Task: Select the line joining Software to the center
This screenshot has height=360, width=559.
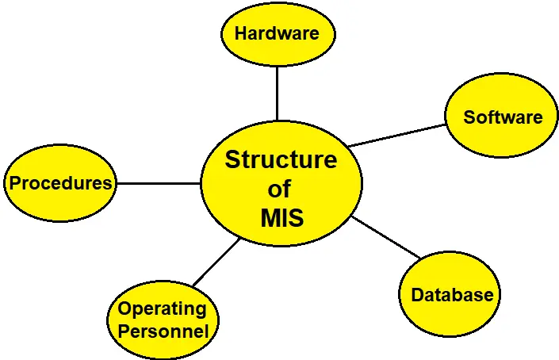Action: tap(396, 136)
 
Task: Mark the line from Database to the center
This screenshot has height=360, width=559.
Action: tap(386, 237)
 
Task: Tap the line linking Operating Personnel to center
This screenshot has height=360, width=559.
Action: tap(216, 262)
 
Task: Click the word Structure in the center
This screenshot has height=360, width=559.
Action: tap(281, 159)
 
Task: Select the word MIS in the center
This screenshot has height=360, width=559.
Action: tap(281, 216)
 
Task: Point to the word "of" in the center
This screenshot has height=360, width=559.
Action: tap(279, 189)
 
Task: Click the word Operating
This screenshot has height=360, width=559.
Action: tap(162, 309)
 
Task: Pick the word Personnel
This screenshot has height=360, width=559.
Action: tap(163, 331)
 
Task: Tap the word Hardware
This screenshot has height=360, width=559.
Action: tap(277, 33)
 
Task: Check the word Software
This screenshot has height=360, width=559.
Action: tap(503, 117)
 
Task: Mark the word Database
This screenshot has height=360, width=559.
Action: tap(452, 295)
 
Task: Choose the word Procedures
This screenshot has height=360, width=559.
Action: tap(60, 183)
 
